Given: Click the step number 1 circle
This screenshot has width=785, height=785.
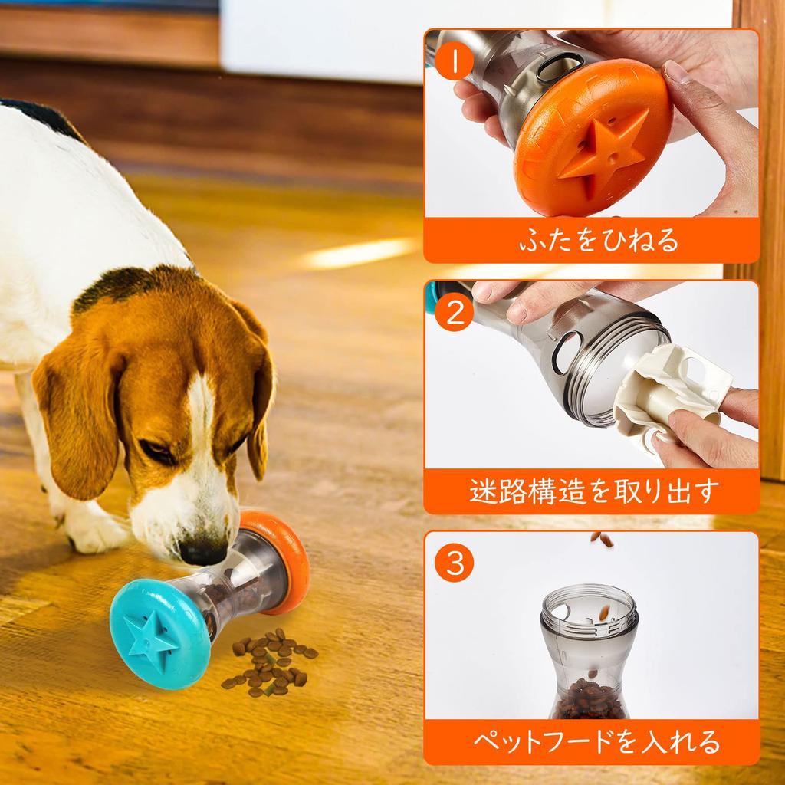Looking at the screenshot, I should [455, 62].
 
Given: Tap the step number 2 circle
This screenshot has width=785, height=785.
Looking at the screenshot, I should [455, 314].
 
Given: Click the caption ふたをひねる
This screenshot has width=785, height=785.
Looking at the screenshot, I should [591, 240].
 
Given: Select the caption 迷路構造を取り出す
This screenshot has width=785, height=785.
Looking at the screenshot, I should [591, 491].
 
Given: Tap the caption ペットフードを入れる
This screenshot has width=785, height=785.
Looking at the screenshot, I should [591, 741].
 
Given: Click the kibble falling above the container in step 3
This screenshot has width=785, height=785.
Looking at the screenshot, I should [602, 539].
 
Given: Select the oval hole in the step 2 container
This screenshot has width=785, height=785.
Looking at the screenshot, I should [569, 353].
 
